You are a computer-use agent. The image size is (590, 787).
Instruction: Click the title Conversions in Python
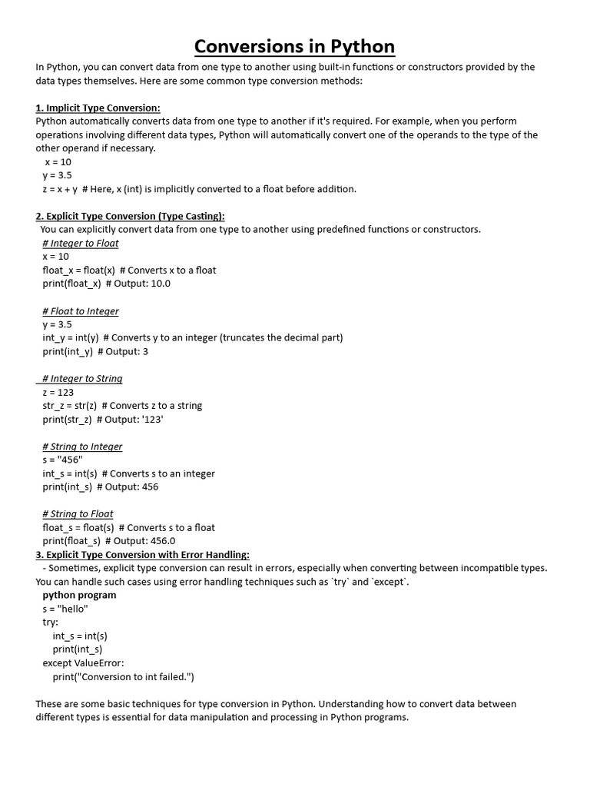[x=294, y=46]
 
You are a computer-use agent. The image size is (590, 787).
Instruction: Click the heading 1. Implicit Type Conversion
[x=98, y=108]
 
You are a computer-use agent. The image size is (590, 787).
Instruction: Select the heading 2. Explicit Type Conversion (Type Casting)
[x=130, y=216]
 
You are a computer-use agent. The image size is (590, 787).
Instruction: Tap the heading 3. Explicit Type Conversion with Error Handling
[x=142, y=554]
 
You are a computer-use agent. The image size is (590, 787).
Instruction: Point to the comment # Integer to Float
[x=81, y=243]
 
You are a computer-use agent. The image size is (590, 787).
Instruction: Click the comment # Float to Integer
[x=81, y=311]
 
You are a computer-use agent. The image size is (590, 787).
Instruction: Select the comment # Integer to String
[x=82, y=379]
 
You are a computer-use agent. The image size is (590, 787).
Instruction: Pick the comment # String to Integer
[x=82, y=447]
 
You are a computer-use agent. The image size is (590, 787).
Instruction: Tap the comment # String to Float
[x=78, y=514]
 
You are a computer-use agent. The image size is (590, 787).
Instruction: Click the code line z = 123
[x=58, y=392]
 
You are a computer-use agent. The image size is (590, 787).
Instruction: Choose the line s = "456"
[x=62, y=460]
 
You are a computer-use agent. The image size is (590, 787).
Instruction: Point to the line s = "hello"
[x=65, y=609]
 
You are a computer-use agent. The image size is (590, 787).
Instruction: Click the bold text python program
[x=79, y=595]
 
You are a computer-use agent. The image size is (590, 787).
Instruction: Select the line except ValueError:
[x=83, y=662]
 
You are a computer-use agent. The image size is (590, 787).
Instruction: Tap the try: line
[x=51, y=622]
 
